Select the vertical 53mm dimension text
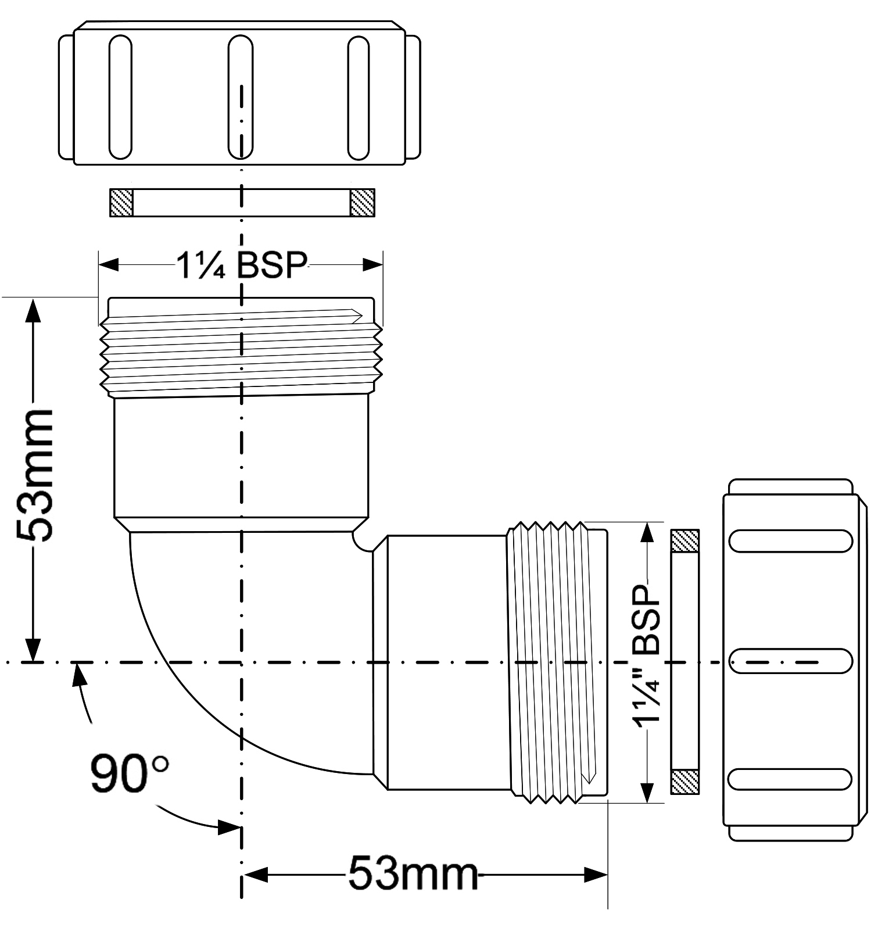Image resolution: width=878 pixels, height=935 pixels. tap(35, 476)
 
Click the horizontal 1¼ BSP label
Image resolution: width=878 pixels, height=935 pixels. tap(241, 266)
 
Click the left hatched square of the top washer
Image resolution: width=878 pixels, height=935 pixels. tap(121, 203)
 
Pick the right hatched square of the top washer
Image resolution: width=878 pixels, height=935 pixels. tap(361, 203)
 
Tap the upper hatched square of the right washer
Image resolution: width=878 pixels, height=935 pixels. tap(685, 541)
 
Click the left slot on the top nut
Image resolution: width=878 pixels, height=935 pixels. tap(120, 97)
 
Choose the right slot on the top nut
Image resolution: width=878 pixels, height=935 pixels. tap(358, 97)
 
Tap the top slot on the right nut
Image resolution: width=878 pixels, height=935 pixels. tap(790, 540)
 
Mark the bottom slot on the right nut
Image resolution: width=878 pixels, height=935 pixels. tap(790, 779)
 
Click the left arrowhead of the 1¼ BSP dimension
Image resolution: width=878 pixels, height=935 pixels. tap(109, 266)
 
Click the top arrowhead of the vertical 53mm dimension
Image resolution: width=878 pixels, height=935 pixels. tap(34, 310)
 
